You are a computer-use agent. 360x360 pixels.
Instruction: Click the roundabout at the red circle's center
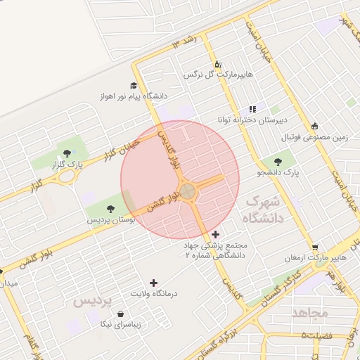pos(187,191)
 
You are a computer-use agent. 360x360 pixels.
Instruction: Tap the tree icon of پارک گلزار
pos(67,153)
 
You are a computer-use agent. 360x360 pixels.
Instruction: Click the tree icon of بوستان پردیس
pos(110,207)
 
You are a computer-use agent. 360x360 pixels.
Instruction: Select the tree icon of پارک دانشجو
pos(288,160)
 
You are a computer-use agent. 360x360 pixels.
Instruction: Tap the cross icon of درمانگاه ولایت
pos(154,283)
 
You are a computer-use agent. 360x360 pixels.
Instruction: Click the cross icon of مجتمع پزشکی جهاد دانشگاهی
pos(214,233)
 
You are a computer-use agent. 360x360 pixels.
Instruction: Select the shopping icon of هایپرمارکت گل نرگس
pos(217,63)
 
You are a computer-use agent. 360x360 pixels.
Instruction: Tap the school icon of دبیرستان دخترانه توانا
pos(252,109)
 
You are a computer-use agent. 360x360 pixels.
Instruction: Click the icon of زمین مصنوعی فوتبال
pos(314,125)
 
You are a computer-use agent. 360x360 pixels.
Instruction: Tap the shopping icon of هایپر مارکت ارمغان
pos(315,247)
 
